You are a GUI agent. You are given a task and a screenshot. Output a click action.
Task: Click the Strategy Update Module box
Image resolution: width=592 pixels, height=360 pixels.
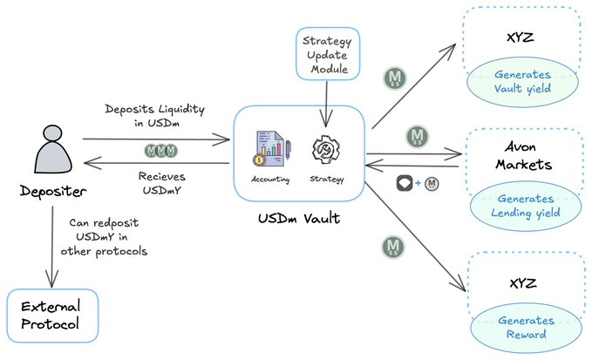pyautogui.click(x=326, y=54)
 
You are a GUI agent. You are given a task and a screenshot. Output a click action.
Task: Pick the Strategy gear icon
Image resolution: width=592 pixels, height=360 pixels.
pyautogui.click(x=325, y=149)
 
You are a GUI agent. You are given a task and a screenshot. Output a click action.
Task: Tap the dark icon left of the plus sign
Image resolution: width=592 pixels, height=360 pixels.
pyautogui.click(x=403, y=183)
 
